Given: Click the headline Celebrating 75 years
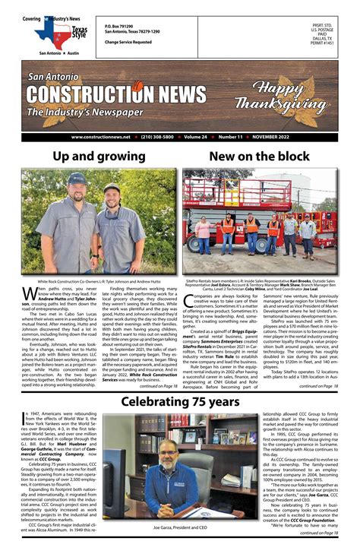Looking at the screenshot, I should [x=179, y=400].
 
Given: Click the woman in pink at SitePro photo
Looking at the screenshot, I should [x=204, y=226].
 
